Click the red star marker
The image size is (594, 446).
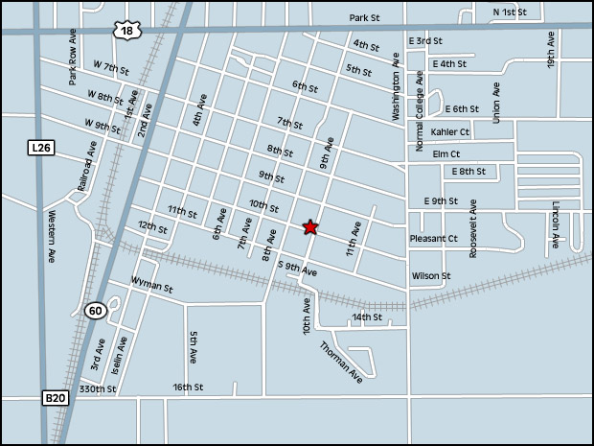[309, 227]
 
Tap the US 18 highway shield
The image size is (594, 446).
[128, 31]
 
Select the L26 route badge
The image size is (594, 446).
[38, 147]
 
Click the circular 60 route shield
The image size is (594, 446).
[94, 310]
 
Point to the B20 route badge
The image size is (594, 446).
[55, 396]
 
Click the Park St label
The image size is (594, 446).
[364, 18]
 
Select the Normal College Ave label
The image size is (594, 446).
[419, 111]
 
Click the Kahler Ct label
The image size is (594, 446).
[449, 132]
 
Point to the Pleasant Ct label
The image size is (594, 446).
[434, 238]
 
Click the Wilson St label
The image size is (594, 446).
[431, 276]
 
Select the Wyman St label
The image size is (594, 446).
[151, 286]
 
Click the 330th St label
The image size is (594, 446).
[97, 389]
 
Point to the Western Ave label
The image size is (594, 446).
[53, 237]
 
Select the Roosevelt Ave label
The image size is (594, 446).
[473, 228]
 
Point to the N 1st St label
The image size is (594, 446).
[510, 12]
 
